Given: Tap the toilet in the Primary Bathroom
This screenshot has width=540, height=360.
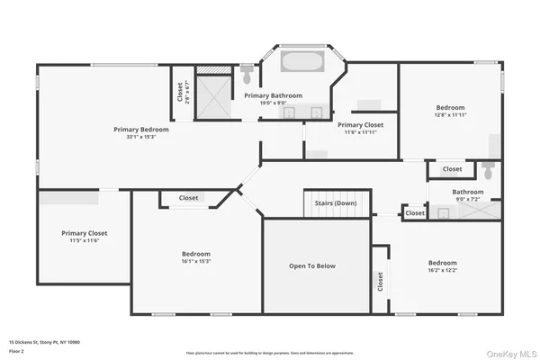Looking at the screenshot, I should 247,76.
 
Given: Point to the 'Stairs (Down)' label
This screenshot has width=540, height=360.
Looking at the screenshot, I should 335,204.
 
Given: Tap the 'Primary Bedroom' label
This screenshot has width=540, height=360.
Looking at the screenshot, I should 141,129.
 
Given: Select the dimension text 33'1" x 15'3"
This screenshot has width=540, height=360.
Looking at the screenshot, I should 141,137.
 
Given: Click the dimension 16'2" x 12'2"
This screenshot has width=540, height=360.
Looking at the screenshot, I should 442,269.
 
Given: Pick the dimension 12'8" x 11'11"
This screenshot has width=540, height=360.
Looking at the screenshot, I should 450,114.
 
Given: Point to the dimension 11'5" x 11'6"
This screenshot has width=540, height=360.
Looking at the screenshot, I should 79,240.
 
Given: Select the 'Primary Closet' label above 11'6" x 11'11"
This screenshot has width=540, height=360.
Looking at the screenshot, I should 361,125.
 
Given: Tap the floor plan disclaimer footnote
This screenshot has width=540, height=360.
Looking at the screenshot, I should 269,352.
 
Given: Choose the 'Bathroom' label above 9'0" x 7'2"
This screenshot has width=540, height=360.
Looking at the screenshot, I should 467,192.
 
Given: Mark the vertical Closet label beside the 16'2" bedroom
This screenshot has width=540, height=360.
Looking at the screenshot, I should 380,283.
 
